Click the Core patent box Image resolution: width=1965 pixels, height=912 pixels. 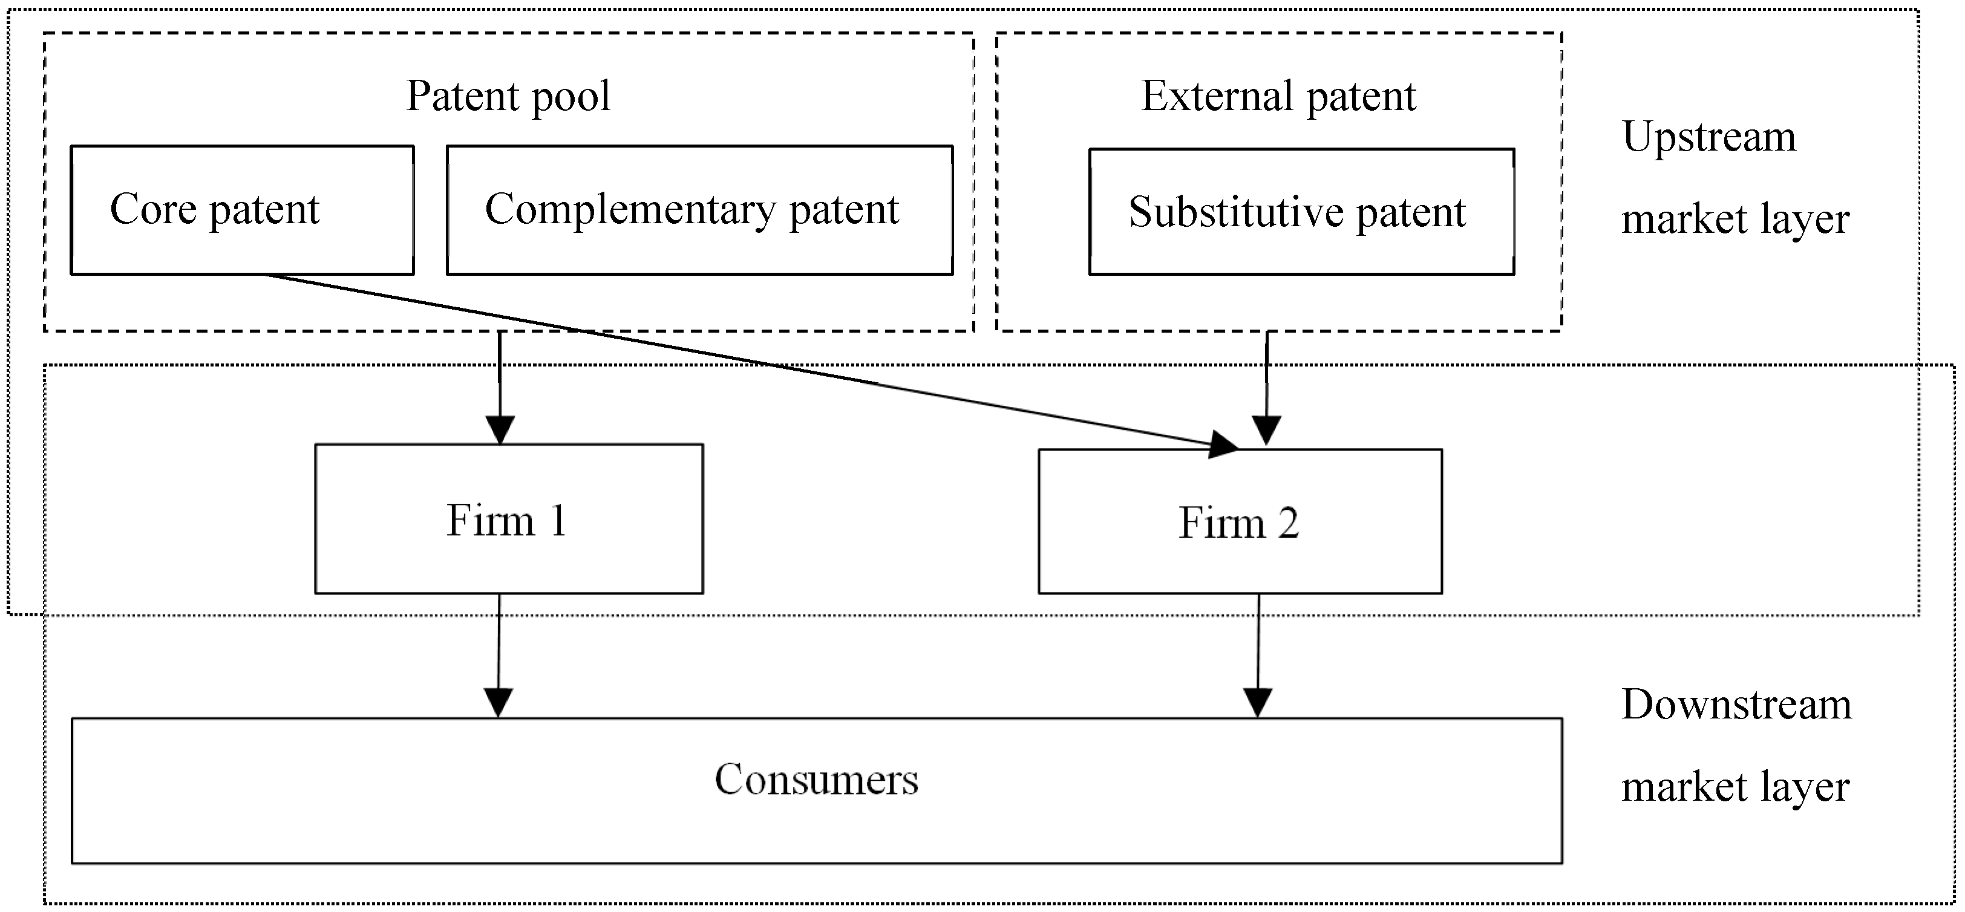(243, 210)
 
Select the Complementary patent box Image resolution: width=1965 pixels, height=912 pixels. (699, 210)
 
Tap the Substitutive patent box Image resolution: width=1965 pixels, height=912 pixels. (1301, 211)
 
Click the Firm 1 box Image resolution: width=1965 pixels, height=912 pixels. (509, 518)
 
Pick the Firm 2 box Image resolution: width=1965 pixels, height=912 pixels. (1240, 521)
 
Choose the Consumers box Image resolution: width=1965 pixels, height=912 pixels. (816, 790)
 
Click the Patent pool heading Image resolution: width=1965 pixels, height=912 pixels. (508, 96)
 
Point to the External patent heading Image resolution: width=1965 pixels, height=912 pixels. (1278, 96)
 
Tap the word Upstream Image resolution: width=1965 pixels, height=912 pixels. (1708, 138)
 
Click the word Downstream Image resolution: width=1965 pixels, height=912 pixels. (1736, 704)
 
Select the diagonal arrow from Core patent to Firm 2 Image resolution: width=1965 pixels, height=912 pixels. (751, 362)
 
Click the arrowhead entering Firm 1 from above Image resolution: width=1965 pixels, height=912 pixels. (500, 430)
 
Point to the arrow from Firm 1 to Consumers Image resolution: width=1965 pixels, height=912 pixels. (499, 656)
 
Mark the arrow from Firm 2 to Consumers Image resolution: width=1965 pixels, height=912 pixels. (1258, 656)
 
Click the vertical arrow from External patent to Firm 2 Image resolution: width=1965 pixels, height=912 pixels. (1267, 388)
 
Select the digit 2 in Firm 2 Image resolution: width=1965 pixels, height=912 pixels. (1289, 523)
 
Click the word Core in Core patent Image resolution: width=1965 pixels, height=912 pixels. (153, 209)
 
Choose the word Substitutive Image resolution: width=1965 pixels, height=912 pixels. (1236, 212)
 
